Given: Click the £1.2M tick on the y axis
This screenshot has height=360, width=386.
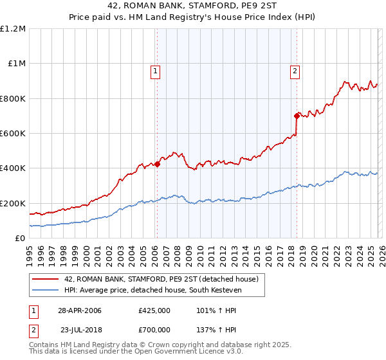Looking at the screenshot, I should coord(14,29).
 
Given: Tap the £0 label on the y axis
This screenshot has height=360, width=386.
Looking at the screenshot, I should coord(19,239).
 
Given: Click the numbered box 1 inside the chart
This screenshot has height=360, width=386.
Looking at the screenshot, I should coord(156,71).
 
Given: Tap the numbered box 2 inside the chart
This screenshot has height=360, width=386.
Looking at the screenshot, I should coord(295,71).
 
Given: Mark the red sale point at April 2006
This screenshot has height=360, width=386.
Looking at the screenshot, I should coord(157,164).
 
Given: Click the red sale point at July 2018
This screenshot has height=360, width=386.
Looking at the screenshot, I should coord(297,116).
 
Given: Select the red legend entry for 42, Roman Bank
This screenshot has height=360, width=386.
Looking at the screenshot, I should coord(161,279).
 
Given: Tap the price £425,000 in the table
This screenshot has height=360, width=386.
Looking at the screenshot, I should coord(154,310).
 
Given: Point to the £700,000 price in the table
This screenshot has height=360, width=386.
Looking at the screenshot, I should coord(154,329).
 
